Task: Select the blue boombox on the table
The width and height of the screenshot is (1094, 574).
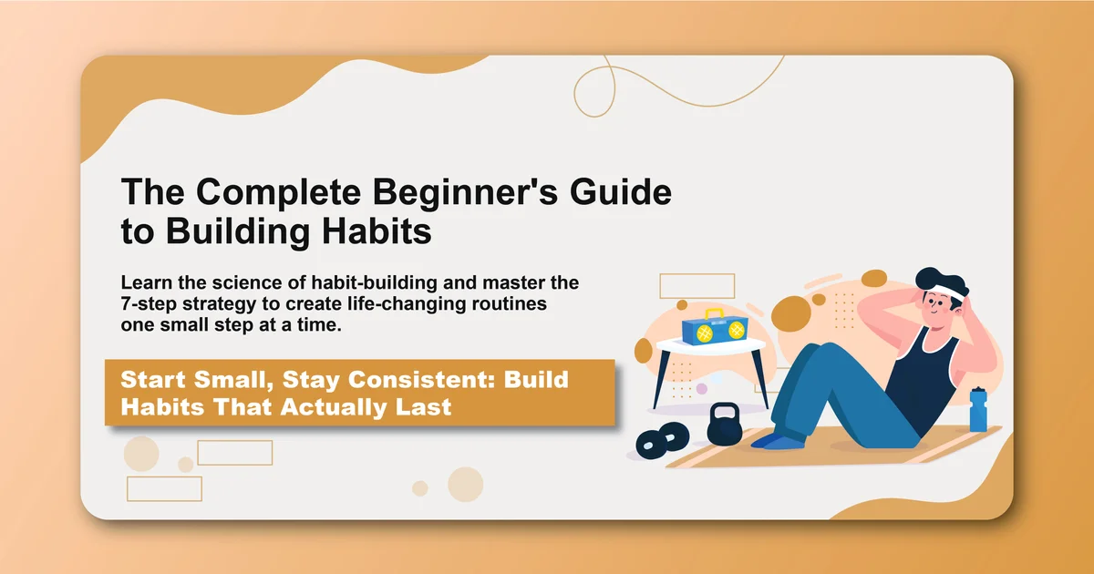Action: [x=712, y=330]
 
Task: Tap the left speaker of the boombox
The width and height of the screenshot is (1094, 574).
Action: [x=702, y=333]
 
